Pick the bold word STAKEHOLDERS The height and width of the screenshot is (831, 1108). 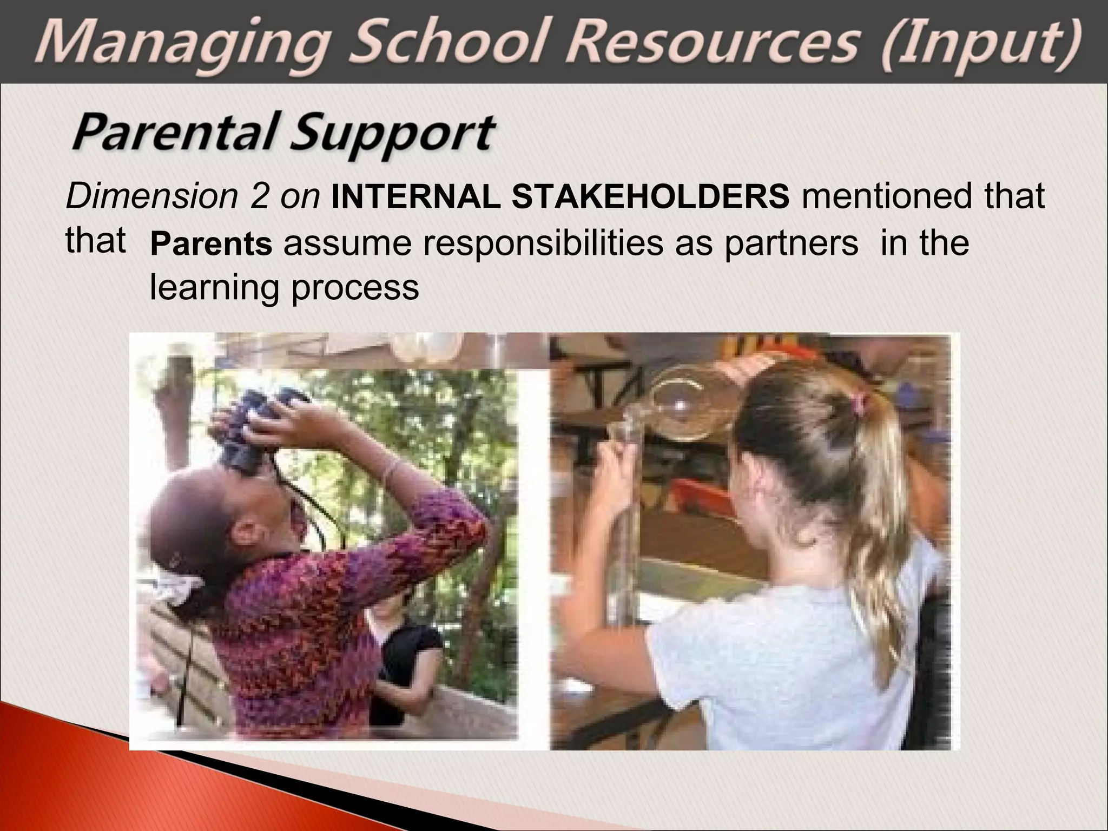click(650, 196)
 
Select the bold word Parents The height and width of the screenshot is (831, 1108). click(211, 243)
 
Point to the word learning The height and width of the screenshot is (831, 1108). click(214, 287)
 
